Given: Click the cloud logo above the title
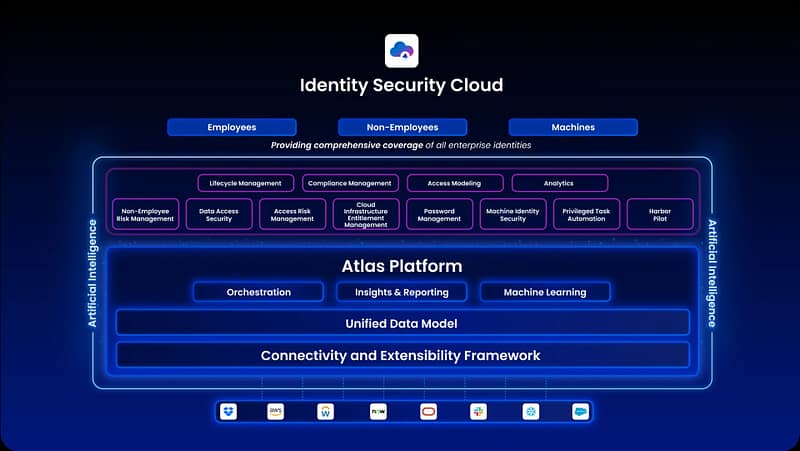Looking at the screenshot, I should pos(401,50).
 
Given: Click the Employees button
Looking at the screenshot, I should pos(232,127).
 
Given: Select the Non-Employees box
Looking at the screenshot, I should pos(402,127).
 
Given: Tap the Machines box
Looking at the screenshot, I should pos(573,127).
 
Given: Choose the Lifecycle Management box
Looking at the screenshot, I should pos(246,183).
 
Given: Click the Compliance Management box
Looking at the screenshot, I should pos(349,183).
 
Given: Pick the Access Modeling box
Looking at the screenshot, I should pos(454,183).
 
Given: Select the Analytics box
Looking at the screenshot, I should pos(559,183).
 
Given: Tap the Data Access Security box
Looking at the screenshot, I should pos(219,214).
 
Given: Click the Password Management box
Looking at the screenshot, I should pos(439,214).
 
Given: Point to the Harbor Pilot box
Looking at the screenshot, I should pos(660,214).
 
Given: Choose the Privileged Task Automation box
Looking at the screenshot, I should pos(586,214).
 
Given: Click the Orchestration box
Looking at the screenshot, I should pos(259,292).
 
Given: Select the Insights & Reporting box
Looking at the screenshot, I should pos(401,292).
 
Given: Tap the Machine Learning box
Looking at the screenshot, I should pos(545,292).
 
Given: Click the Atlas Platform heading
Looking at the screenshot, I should pos(401,266).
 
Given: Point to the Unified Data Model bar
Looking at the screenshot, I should pos(402,323).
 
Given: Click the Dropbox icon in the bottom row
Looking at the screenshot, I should pos(229,411).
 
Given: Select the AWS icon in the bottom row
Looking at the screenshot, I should pos(275,411).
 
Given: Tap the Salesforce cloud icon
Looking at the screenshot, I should pos(580,411).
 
